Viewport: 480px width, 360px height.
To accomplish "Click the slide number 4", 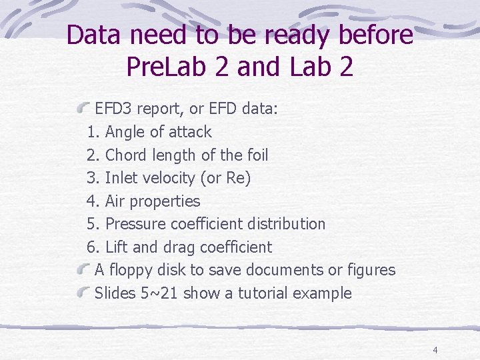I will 435,350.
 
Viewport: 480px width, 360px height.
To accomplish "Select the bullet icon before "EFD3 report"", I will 85,107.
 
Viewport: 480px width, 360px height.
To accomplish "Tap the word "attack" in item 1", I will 189,132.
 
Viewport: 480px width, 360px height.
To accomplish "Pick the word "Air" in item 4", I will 115,201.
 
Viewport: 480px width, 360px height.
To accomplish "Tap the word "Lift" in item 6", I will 117,247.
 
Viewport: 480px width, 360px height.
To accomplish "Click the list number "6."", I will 93,247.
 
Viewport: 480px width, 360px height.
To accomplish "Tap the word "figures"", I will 371,271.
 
